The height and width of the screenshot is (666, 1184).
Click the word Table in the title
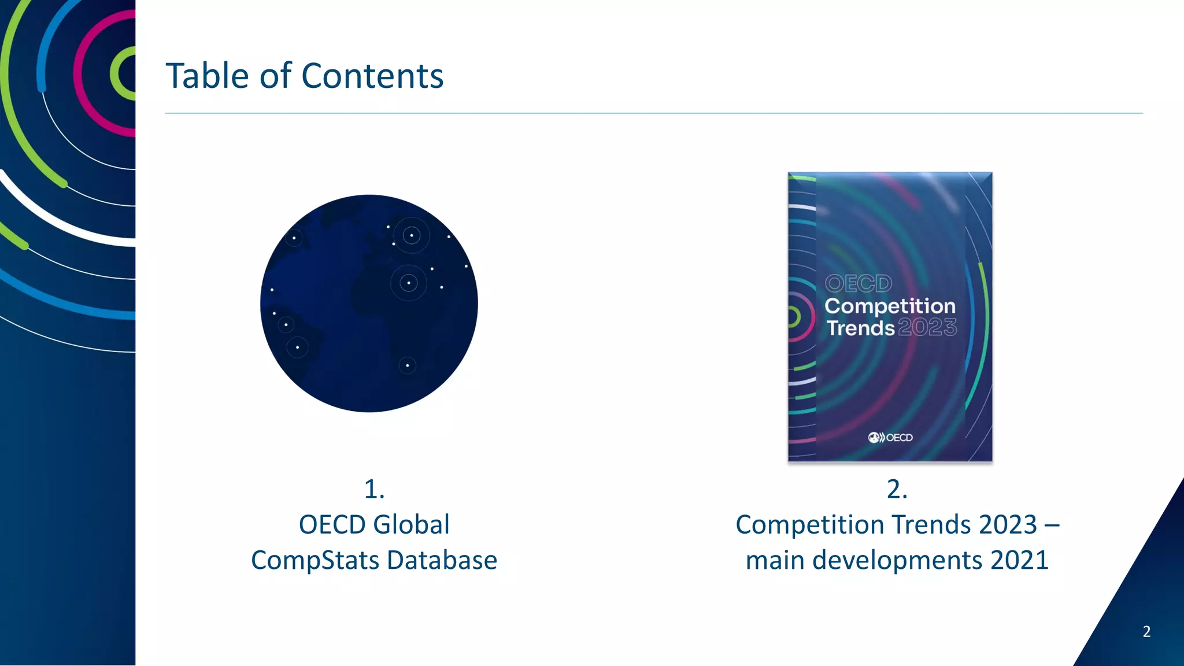(208, 76)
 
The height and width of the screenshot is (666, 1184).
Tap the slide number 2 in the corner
(1146, 631)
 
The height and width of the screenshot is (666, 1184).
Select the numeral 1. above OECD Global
(374, 489)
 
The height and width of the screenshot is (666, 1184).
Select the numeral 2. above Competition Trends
(897, 489)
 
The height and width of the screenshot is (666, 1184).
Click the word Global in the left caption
(412, 525)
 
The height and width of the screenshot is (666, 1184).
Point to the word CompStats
(315, 560)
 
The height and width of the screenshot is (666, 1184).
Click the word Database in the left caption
(442, 560)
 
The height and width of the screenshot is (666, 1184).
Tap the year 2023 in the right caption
(1008, 525)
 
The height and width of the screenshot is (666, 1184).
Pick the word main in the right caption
(775, 560)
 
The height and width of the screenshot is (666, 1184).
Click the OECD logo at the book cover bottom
(890, 438)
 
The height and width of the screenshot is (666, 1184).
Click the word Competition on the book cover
(890, 306)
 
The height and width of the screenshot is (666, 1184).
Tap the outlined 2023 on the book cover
(927, 328)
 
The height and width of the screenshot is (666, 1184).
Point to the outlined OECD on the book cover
(859, 283)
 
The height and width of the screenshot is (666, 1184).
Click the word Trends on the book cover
(860, 328)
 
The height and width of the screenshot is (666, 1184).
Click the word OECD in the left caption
(332, 525)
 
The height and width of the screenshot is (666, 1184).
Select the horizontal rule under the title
(653, 113)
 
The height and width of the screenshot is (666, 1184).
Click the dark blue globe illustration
(369, 304)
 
